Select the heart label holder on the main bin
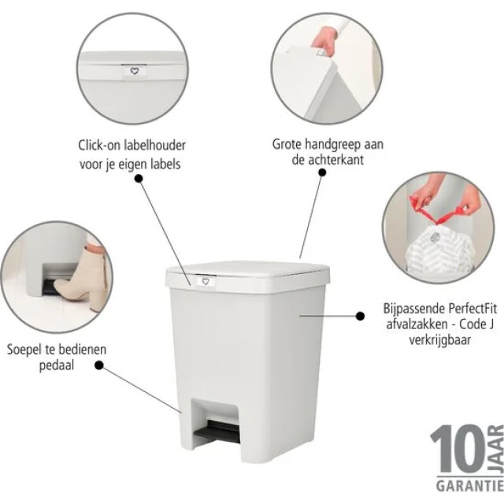tap(202, 281)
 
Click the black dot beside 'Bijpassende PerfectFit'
tap(360, 316)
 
